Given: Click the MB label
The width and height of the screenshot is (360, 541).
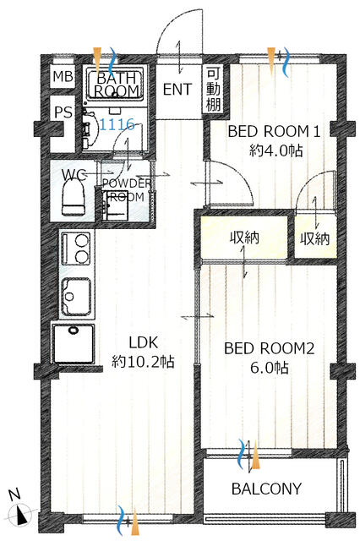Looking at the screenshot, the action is [63, 76].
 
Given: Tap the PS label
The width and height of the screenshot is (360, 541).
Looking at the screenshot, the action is [63, 112].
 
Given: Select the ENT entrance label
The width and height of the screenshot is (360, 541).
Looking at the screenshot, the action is [177, 90].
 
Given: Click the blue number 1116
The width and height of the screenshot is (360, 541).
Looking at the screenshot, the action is [117, 124].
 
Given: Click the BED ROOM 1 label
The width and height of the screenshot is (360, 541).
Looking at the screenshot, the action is [274, 132].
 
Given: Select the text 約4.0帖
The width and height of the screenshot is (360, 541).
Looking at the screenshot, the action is [276, 150].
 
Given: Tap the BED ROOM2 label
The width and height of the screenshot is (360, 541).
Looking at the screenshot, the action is [269, 348].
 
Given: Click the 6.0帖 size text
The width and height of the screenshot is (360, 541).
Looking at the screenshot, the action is [269, 368].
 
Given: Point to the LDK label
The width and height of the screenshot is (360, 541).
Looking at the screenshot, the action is [143, 342].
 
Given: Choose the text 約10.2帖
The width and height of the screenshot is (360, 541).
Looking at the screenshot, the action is [143, 362].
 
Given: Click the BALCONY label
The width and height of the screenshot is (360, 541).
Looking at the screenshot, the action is [266, 489].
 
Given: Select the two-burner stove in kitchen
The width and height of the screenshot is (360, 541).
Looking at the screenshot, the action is [76, 249].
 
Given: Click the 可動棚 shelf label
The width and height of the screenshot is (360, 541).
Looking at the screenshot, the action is [213, 90].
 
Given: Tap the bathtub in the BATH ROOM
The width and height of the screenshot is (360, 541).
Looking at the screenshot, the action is [115, 84].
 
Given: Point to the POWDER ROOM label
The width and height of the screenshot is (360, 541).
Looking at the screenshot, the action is [127, 190].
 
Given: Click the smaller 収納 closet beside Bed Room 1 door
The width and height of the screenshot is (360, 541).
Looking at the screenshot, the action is [315, 238].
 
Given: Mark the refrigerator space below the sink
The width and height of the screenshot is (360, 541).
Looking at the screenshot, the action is [74, 343].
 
